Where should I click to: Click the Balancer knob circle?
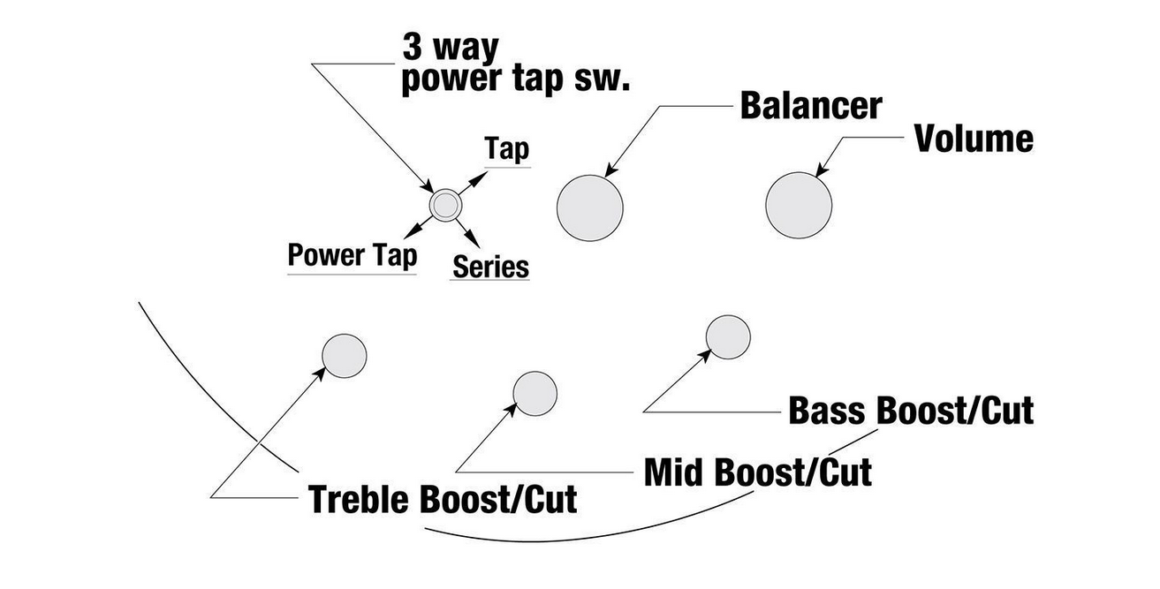pyautogui.click(x=589, y=208)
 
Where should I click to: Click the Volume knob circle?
pyautogui.click(x=799, y=205)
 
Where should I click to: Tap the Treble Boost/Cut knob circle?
pyautogui.click(x=344, y=355)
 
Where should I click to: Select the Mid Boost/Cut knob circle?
pyautogui.click(x=535, y=393)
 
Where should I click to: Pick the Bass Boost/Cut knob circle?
pyautogui.click(x=728, y=336)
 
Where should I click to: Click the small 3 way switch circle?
pyautogui.click(x=444, y=205)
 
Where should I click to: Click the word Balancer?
pyautogui.click(x=810, y=105)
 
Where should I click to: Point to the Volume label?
pyautogui.click(x=973, y=139)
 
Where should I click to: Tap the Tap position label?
pyautogui.click(x=507, y=150)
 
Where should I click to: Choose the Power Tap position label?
pyautogui.click(x=352, y=255)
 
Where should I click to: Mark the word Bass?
pyautogui.click(x=828, y=411)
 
